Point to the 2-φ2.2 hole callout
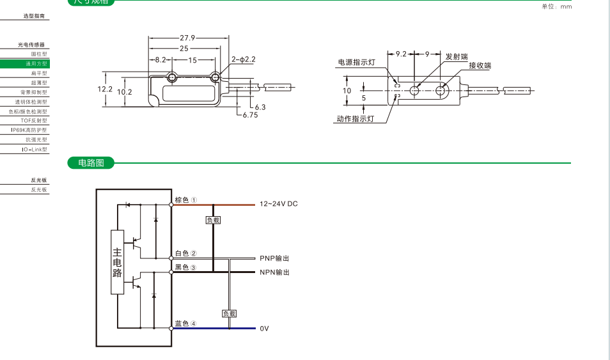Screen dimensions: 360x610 pos(244,59)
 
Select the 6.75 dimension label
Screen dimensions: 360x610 pos(250,115)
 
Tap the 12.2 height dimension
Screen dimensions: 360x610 pos(105,89)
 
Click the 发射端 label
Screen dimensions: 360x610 pos(457,57)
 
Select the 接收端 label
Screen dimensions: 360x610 pos(480,66)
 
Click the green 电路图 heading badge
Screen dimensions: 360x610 pos(91,163)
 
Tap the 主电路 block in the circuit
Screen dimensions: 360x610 pos(117,262)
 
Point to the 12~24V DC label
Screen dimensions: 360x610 pos(279,204)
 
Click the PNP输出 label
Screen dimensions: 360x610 pos(274,258)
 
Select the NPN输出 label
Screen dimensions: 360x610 pos(274,272)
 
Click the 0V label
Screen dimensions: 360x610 pos(264,329)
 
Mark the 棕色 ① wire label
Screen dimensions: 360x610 pos(185,200)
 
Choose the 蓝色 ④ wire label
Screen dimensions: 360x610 pos(185,324)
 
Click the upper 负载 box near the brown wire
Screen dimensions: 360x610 pos(213,220)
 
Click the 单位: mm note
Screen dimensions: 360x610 pos(556,6)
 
